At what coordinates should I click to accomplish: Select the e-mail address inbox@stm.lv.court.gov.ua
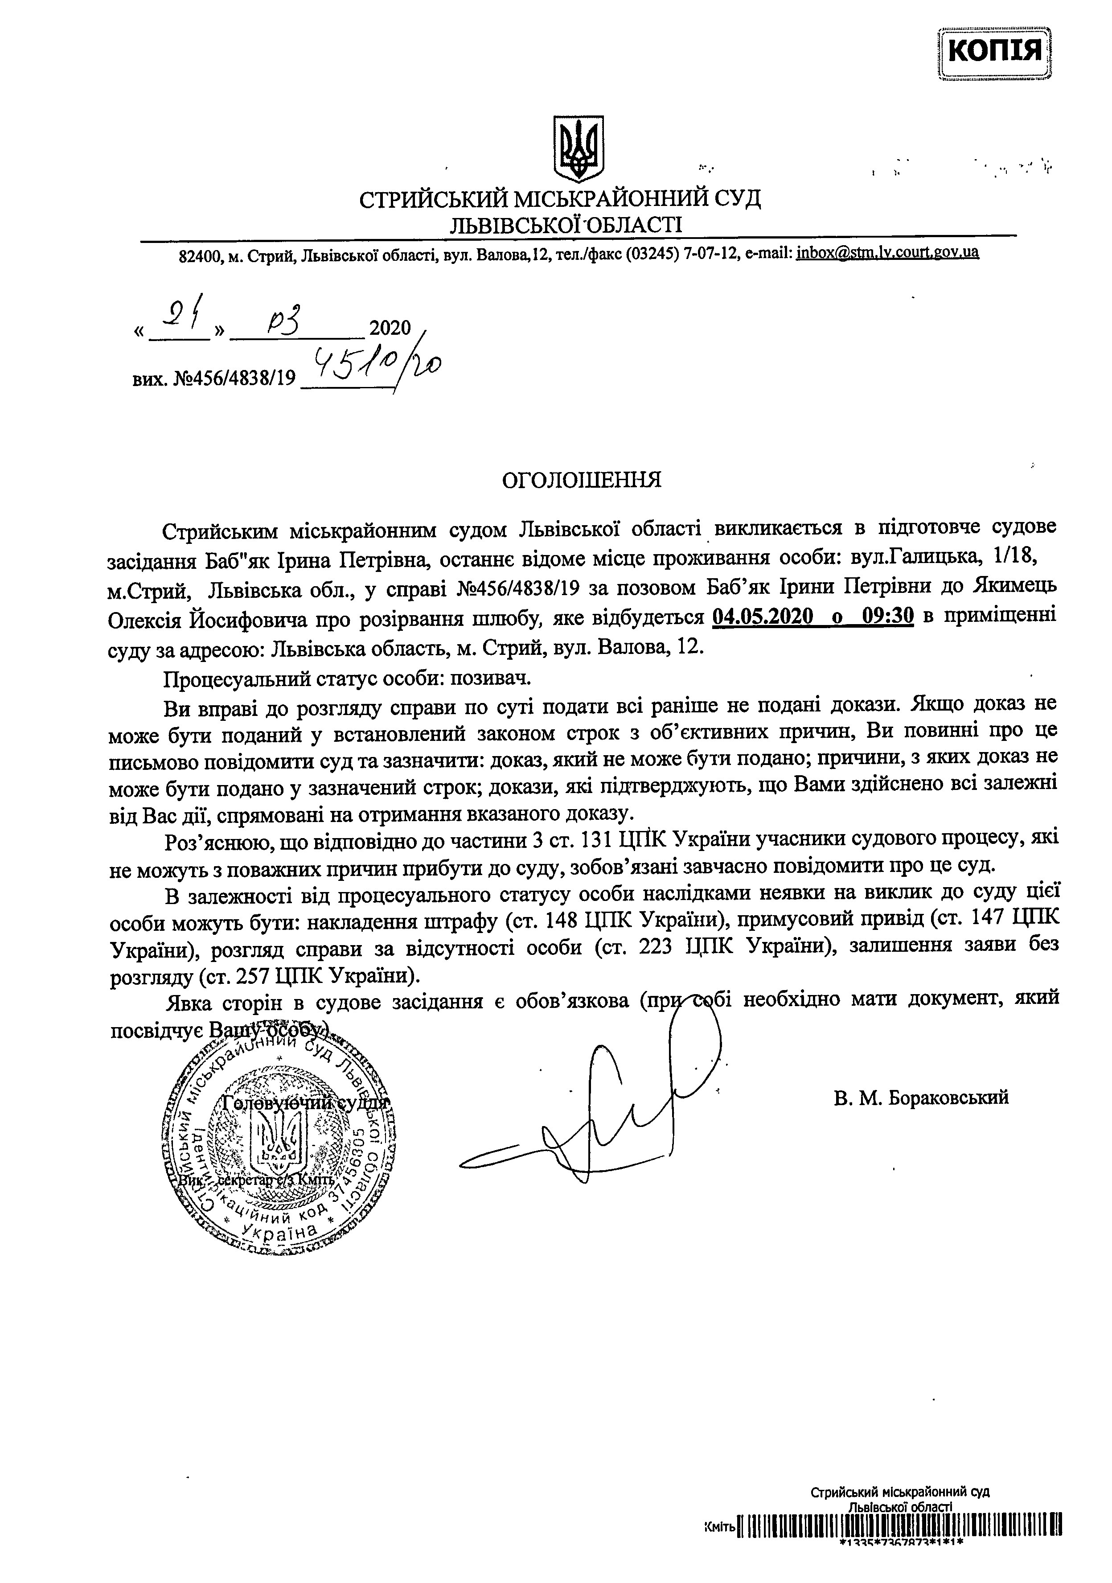(887, 252)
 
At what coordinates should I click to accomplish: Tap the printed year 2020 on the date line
(390, 328)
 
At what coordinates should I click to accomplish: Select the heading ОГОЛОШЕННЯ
(581, 480)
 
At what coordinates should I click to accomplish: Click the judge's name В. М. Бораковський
(920, 1096)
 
